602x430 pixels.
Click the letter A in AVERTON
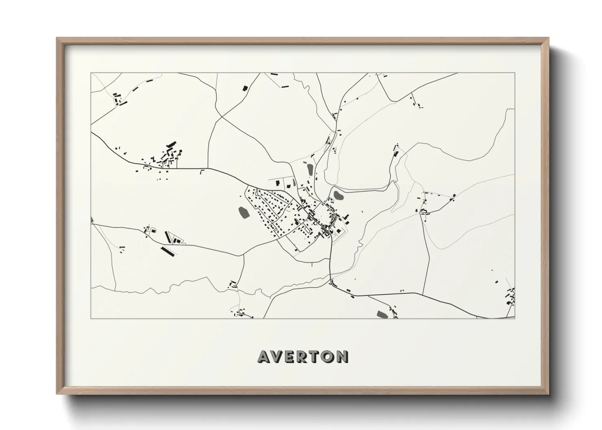(x=263, y=356)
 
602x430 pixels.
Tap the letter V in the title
(x=277, y=356)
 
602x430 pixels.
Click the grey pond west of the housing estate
(x=244, y=212)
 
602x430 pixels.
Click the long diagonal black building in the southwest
(x=168, y=251)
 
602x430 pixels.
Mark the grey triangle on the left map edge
(x=92, y=220)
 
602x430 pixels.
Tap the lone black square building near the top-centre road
(x=245, y=88)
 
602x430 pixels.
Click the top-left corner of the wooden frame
(x=57, y=38)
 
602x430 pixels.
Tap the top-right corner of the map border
(x=515, y=73)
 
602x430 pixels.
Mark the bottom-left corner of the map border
(x=91, y=318)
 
